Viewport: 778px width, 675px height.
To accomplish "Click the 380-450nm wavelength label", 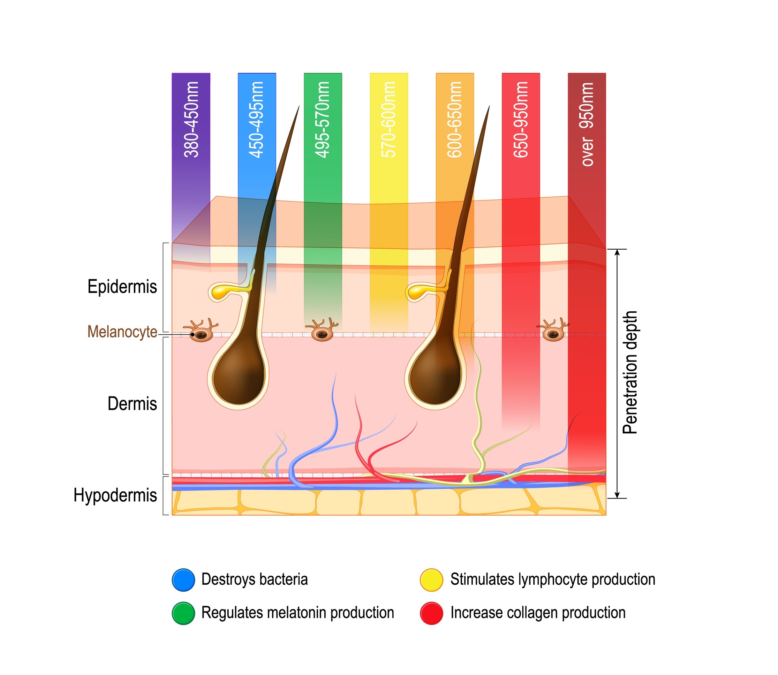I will (x=191, y=119).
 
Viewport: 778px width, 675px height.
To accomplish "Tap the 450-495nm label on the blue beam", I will (x=257, y=119).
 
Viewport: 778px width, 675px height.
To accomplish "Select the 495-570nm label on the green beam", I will (x=323, y=119).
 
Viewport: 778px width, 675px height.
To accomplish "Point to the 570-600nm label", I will (x=388, y=119).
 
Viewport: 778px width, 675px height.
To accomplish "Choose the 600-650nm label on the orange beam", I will (x=454, y=119).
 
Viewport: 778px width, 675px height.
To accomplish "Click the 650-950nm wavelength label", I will (x=521, y=119).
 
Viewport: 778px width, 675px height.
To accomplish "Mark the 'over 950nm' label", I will (x=587, y=124).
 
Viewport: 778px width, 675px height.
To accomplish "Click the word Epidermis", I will (x=122, y=287).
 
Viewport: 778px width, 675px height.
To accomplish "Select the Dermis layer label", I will (x=132, y=403).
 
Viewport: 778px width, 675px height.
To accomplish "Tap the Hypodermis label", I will (x=115, y=495).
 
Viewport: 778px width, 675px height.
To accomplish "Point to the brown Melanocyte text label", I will (x=122, y=332).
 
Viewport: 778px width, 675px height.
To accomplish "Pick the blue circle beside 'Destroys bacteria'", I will (x=183, y=580).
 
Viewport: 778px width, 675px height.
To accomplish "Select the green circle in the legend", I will (x=183, y=613).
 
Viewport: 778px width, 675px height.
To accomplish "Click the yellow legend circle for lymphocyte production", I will (x=431, y=580).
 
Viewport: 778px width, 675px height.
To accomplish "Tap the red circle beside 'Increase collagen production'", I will (x=431, y=613).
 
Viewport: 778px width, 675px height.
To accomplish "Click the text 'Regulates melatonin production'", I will (x=298, y=613).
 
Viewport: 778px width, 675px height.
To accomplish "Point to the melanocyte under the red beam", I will (x=553, y=330).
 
